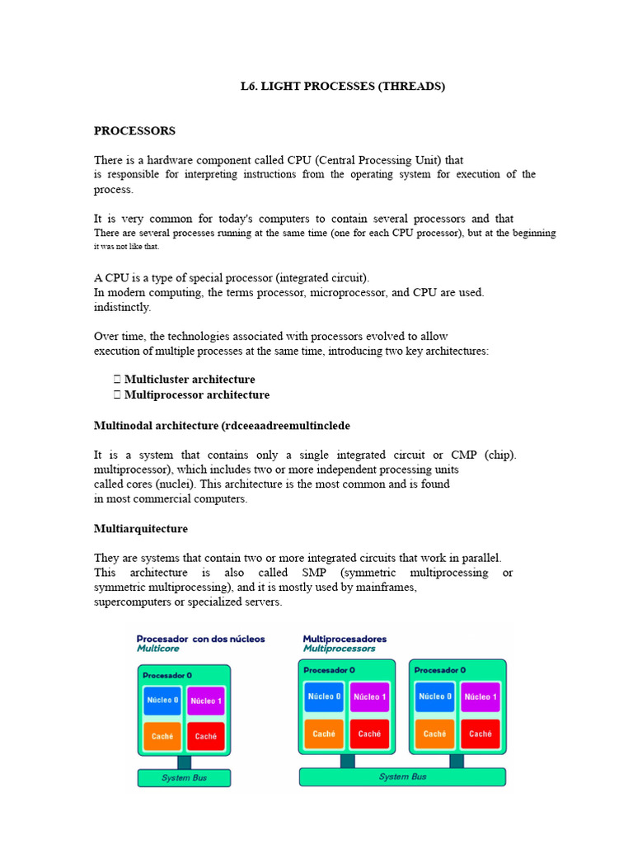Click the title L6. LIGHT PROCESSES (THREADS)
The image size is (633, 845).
click(x=336, y=87)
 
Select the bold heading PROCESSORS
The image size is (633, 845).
click(x=134, y=131)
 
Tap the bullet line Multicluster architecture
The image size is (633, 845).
click(x=190, y=380)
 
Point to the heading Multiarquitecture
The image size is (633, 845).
click(x=140, y=529)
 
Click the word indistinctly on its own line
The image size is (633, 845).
click(x=123, y=308)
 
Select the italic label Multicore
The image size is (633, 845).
click(x=158, y=649)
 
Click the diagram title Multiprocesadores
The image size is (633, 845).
click(x=345, y=639)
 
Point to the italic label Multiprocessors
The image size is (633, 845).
click(x=339, y=649)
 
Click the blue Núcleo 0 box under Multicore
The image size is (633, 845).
click(x=162, y=700)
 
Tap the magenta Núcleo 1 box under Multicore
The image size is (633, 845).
click(x=206, y=701)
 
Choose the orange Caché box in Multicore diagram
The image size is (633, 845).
click(x=162, y=736)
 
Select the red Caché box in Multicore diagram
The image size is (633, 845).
click(x=206, y=736)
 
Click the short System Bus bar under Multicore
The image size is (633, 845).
click(x=184, y=778)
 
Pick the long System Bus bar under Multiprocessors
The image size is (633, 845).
click(x=402, y=777)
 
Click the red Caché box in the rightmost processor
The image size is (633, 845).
click(x=480, y=733)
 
